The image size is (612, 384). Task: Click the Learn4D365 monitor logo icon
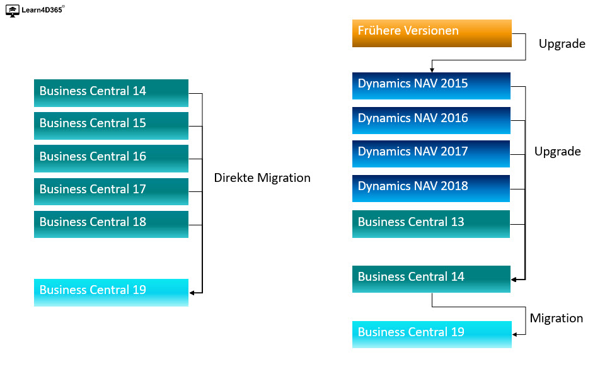click(13, 11)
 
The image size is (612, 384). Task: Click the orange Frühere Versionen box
click(432, 33)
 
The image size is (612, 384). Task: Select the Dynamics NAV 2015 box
click(431, 86)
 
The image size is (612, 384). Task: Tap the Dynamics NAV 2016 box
click(431, 120)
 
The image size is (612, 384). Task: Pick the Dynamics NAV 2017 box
click(431, 154)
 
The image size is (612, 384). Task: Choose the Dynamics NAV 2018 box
click(431, 188)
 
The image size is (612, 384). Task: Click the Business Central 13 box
click(431, 224)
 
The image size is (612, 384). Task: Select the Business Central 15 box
click(111, 126)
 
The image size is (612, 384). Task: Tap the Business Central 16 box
click(111, 159)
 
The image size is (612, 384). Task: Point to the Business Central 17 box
click(111, 191)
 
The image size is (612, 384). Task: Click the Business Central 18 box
click(111, 224)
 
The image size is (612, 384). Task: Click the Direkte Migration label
click(262, 178)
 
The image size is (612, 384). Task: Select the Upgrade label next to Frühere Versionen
click(562, 44)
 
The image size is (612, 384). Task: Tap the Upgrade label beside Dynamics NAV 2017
click(557, 152)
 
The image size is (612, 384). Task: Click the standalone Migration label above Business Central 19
click(556, 318)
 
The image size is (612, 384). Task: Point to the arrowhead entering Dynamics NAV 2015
click(432, 70)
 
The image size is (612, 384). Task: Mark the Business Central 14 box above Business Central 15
click(111, 93)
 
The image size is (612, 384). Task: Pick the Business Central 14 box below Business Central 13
click(431, 279)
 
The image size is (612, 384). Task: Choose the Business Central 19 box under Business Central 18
click(111, 292)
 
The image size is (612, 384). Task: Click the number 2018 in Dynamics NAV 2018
click(454, 186)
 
